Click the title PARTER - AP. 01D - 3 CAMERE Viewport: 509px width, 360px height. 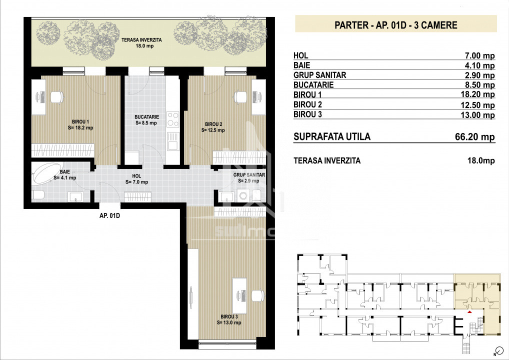pyautogui.click(x=395, y=25)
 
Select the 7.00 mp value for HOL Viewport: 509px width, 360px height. pyautogui.click(x=480, y=56)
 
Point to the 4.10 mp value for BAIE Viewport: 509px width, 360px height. pyautogui.click(x=480, y=65)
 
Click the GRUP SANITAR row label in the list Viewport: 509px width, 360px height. pyautogui.click(x=319, y=75)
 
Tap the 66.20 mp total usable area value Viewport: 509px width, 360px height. pyautogui.click(x=475, y=136)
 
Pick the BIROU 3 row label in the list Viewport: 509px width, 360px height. pyautogui.click(x=307, y=114)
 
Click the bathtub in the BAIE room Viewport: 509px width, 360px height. pyautogui.click(x=46, y=173)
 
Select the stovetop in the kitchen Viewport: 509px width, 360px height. pyautogui.click(x=172, y=119)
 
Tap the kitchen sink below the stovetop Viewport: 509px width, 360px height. pyautogui.click(x=172, y=141)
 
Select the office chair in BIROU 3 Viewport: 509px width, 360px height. pyautogui.click(x=257, y=295)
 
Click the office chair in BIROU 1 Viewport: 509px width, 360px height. pyautogui.click(x=57, y=97)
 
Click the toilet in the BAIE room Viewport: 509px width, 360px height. pyautogui.click(x=38, y=195)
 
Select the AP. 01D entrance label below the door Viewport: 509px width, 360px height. pyautogui.click(x=109, y=215)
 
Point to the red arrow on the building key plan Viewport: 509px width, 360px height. pyautogui.click(x=469, y=312)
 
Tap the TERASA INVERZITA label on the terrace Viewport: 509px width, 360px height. pyautogui.click(x=141, y=40)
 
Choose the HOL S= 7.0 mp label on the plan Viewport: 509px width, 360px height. pyautogui.click(x=136, y=179)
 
